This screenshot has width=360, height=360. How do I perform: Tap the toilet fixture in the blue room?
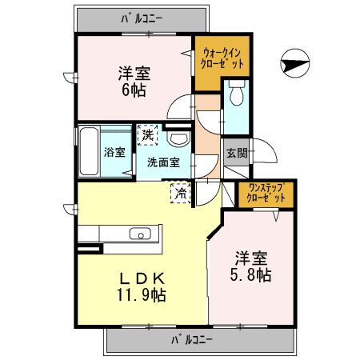tap(236, 96)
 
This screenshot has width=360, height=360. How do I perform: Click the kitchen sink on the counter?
tap(140, 234)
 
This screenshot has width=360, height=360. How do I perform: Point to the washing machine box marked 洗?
tap(147, 135)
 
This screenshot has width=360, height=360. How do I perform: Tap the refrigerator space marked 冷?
tap(182, 191)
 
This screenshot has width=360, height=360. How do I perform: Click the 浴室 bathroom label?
tap(114, 152)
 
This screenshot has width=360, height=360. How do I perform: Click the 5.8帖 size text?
tap(252, 276)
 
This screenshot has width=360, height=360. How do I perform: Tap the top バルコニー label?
tap(142, 16)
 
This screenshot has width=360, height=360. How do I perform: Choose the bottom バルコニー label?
tap(192, 340)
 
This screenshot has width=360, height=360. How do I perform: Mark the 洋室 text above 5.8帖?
tap(252, 258)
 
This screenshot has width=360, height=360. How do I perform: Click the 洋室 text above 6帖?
tap(134, 72)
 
